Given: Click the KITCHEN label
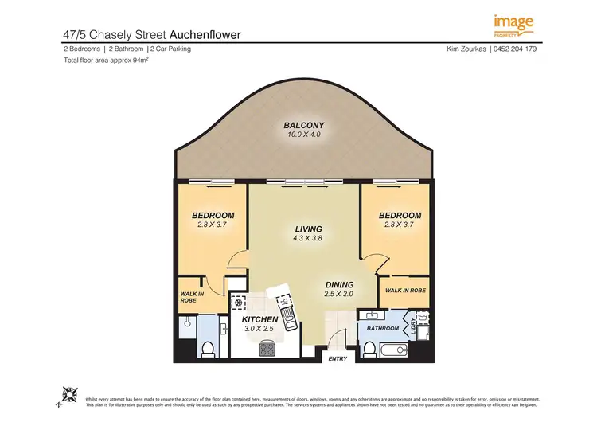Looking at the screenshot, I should [259, 319].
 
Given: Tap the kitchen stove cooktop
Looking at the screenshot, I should [265, 349].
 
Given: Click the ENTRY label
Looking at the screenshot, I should [338, 358].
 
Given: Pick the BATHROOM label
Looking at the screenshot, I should [382, 327].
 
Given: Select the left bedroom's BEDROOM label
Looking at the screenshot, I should [213, 216].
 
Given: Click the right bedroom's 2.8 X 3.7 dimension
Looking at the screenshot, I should [399, 225].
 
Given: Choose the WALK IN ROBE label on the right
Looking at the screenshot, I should [404, 290].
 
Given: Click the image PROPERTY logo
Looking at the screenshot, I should [513, 25].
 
